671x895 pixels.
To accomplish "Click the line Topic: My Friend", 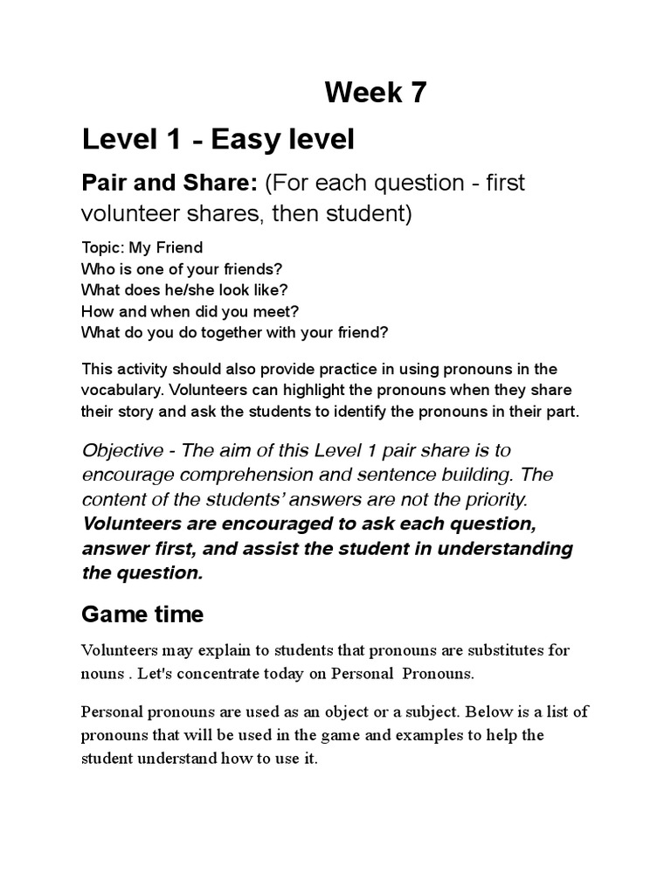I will point(142,248).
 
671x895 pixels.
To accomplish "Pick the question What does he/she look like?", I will point(184,289).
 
